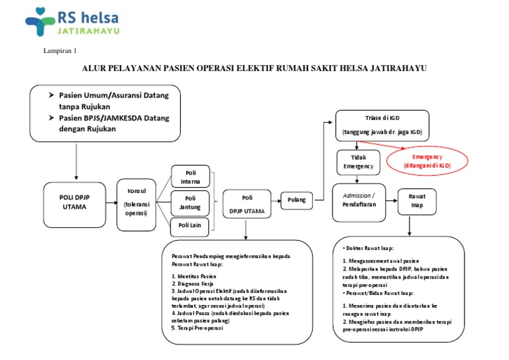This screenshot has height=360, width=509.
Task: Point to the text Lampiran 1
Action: tap(60, 51)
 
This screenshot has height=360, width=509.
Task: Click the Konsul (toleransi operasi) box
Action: tap(137, 204)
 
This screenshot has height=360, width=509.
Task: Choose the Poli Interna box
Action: tap(191, 176)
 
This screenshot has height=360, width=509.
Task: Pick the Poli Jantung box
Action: tap(191, 202)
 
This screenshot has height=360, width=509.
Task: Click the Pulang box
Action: tap(296, 200)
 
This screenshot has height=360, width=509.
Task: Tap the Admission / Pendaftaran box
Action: tap(359, 201)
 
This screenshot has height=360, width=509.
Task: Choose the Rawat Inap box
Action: tap(416, 200)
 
